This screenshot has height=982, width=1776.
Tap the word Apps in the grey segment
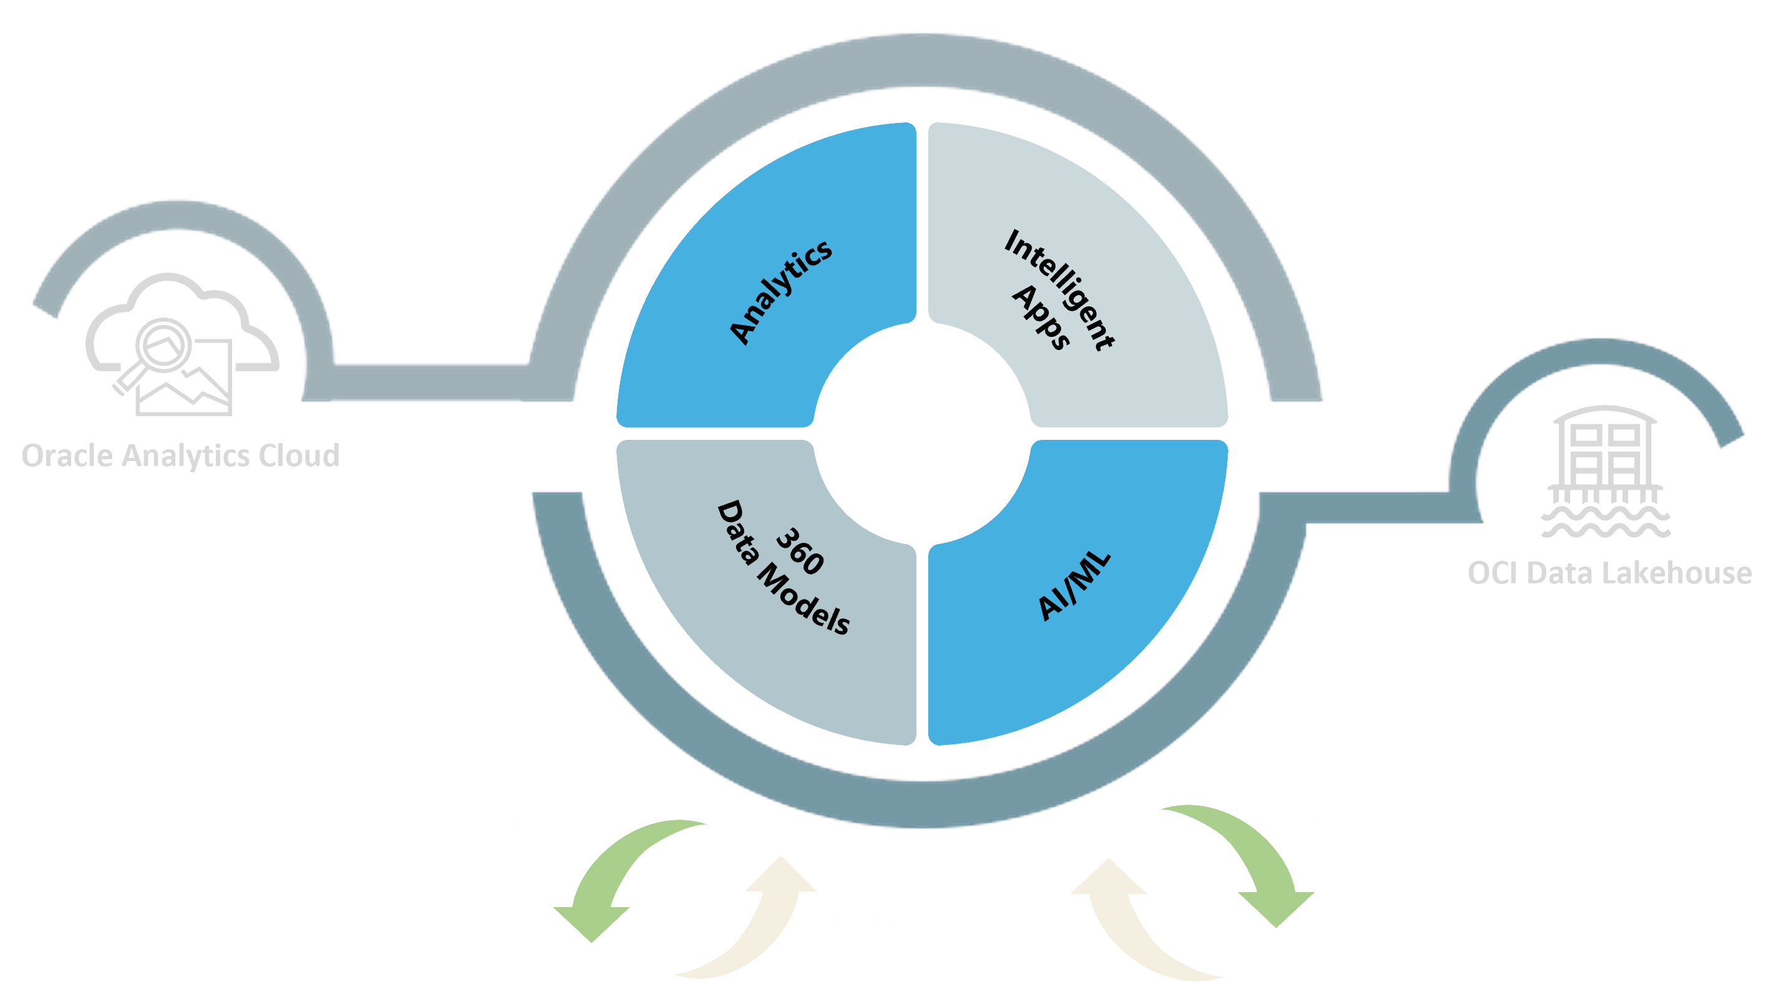pos(1041,317)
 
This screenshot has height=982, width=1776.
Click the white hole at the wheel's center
pos(922,433)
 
